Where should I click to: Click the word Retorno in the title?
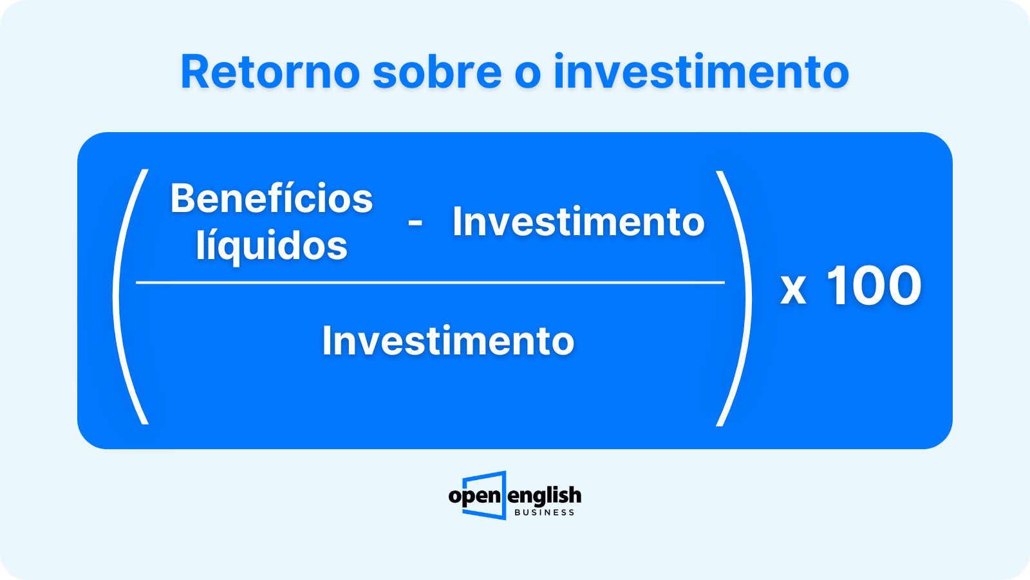pyautogui.click(x=270, y=72)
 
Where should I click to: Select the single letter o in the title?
pyautogui.click(x=527, y=75)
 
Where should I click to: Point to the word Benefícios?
pyautogui.click(x=271, y=198)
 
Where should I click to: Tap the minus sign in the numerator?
pyautogui.click(x=415, y=223)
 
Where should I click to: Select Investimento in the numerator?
pyautogui.click(x=579, y=222)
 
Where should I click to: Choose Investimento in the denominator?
pyautogui.click(x=448, y=341)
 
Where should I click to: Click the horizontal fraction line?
pyautogui.click(x=431, y=282)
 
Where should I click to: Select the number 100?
pyautogui.click(x=874, y=285)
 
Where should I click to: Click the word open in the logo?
pyautogui.click(x=474, y=496)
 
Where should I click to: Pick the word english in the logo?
pyautogui.click(x=545, y=496)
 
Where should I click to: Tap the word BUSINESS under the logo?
pyautogui.click(x=545, y=513)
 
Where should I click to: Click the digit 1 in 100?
pyautogui.click(x=838, y=285)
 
